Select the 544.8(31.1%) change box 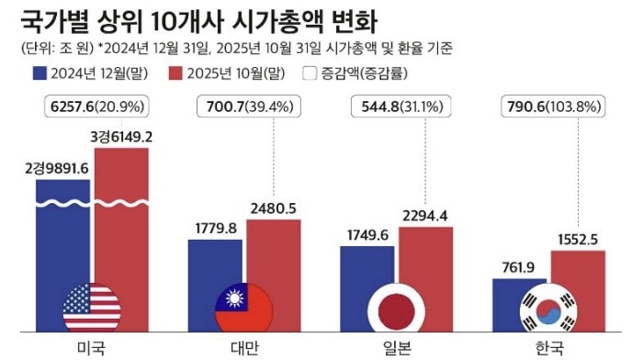399,107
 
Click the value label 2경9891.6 62,169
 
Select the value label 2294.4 428,216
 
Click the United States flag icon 92,309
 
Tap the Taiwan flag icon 243,309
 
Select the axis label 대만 244,347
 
